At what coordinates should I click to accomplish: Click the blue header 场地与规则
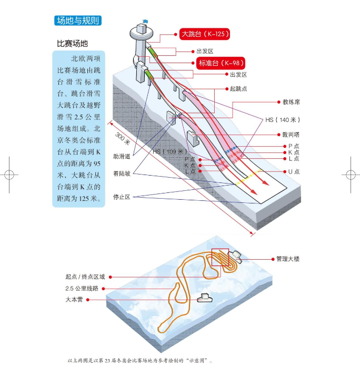pyautogui.click(x=78, y=21)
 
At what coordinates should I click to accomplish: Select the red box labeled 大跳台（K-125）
pyautogui.click(x=205, y=34)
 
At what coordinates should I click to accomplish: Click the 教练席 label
pyautogui.click(x=291, y=101)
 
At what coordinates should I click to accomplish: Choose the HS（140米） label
pyautogui.click(x=283, y=120)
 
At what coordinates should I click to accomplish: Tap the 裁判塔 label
pyautogui.click(x=291, y=135)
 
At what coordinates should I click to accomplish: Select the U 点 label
pyautogui.click(x=294, y=171)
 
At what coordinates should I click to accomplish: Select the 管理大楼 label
pyautogui.click(x=288, y=259)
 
